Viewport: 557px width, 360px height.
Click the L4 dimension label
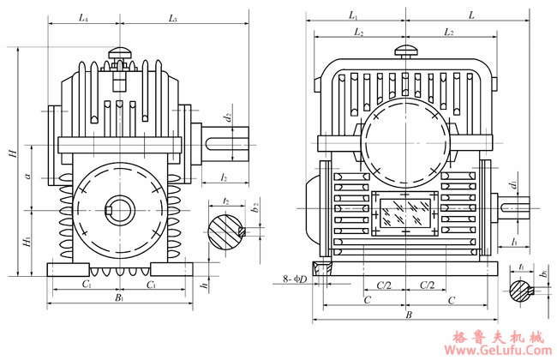click(82, 17)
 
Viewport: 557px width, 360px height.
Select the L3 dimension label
click(172, 17)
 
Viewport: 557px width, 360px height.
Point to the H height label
click(12, 153)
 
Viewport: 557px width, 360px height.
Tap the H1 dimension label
click(27, 243)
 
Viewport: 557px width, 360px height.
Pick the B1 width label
click(120, 298)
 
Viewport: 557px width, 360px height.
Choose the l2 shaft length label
click(224, 177)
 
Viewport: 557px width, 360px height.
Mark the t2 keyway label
click(225, 200)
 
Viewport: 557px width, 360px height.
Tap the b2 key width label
click(255, 208)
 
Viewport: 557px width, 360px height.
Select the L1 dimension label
click(354, 15)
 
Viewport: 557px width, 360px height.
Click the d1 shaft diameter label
click(512, 185)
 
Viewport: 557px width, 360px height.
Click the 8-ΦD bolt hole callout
click(296, 279)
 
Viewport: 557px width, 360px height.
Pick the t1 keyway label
click(523, 267)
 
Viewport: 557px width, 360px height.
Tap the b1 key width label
click(544, 274)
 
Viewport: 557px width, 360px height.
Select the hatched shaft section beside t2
click(224, 231)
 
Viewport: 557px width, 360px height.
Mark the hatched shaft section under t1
click(523, 291)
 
